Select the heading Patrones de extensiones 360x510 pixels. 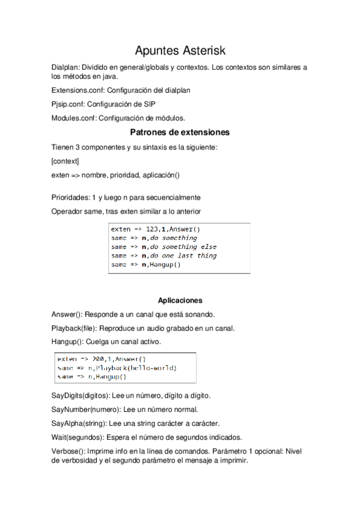[x=180, y=132]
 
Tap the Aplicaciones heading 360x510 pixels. [x=180, y=300]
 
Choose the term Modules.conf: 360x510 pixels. [x=74, y=118]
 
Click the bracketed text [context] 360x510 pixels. [x=66, y=161]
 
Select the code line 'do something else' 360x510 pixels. [x=181, y=247]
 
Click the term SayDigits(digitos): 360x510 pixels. [x=81, y=396]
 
